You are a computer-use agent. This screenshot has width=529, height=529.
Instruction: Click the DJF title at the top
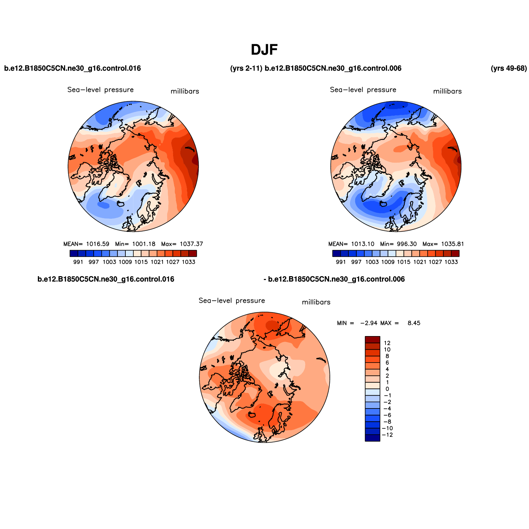[264, 50]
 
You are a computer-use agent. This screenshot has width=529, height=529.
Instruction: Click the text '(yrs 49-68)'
[508, 68]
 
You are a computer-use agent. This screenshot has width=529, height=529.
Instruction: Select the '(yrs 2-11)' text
[246, 68]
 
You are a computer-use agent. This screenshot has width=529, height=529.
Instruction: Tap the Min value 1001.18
[143, 244]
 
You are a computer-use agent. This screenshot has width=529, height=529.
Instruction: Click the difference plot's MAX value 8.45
[414, 323]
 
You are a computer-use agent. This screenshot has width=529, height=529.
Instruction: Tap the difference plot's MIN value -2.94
[369, 323]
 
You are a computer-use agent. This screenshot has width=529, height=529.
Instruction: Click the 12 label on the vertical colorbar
[387, 343]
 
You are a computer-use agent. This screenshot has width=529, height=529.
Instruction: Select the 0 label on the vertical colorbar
[387, 389]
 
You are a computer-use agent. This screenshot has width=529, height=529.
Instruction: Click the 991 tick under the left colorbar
[78, 262]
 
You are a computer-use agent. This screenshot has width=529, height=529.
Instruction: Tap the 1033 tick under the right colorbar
[451, 262]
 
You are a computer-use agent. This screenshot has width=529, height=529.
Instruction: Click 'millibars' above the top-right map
[447, 91]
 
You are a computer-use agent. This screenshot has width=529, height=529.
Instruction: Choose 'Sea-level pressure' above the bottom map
[232, 301]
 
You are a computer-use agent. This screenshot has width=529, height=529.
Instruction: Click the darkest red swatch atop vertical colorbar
[372, 340]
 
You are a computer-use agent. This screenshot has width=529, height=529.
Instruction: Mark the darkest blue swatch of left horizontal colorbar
[73, 254]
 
